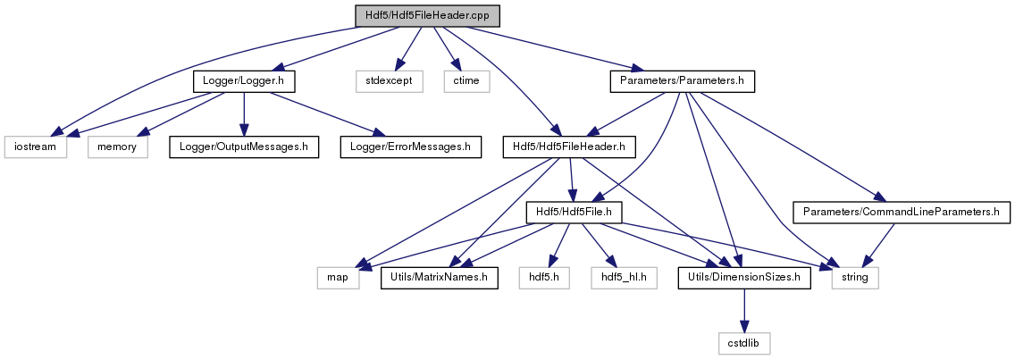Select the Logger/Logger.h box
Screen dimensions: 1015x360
click(244, 81)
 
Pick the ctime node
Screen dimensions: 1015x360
click(466, 81)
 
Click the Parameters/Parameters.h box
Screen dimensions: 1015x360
click(683, 81)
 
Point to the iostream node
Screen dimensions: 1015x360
click(36, 147)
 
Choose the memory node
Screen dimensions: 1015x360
click(118, 147)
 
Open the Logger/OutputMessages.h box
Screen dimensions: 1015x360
click(244, 147)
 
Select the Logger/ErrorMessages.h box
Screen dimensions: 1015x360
click(411, 147)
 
